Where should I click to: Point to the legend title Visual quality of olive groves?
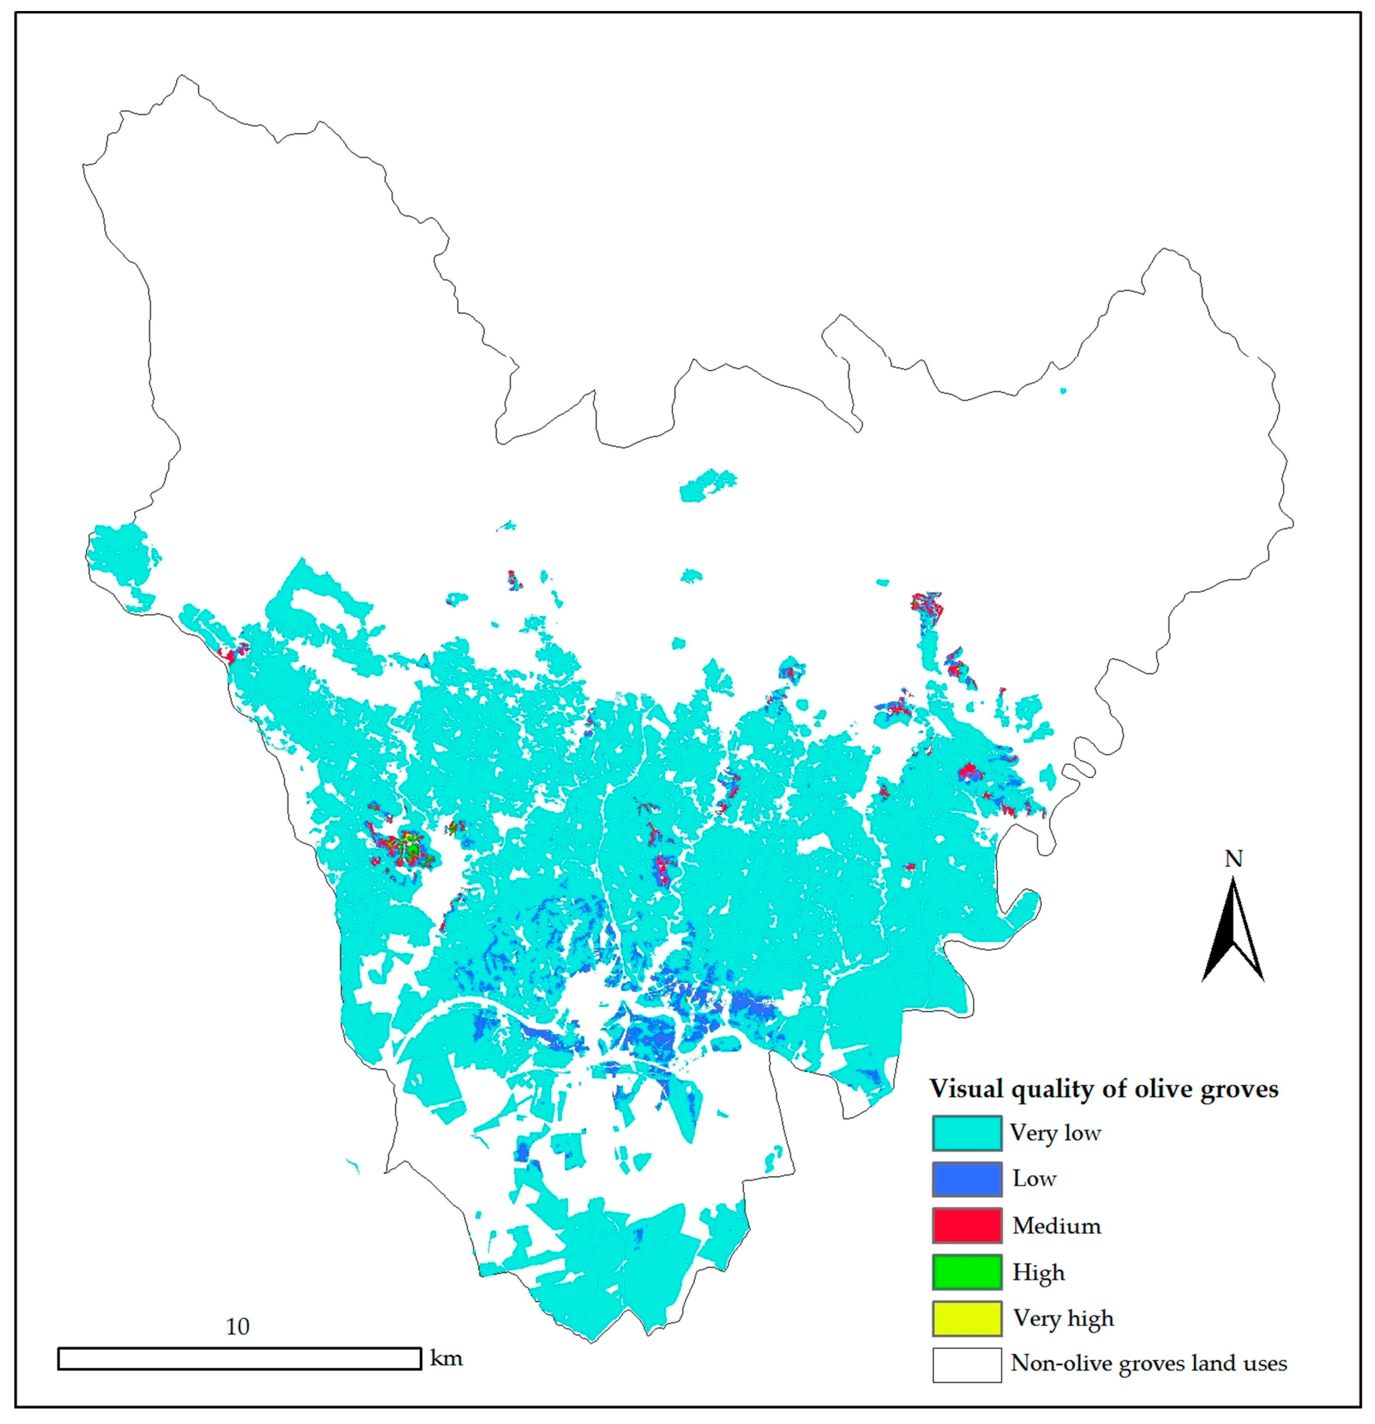tap(1103, 1089)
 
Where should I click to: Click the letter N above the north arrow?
tap(1233, 859)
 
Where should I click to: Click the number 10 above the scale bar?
tap(238, 1327)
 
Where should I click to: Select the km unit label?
tap(446, 1358)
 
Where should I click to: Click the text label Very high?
tap(1063, 1319)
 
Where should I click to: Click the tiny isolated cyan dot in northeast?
tap(1063, 391)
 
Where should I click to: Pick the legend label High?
tap(1038, 1272)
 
